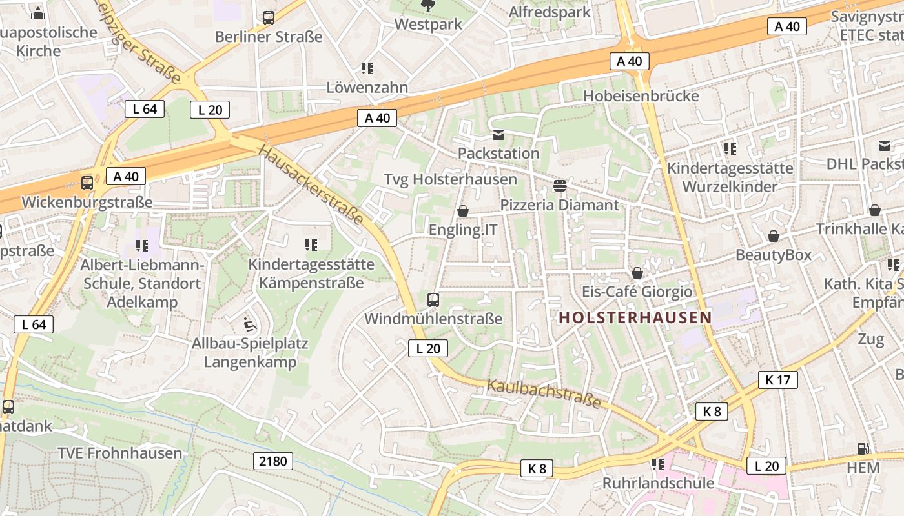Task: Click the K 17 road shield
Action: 778,380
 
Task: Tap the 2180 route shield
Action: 273,461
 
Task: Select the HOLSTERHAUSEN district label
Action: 635,317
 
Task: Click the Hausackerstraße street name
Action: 312,184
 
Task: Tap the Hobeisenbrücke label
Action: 641,96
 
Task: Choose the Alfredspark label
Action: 550,12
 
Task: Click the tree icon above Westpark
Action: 427,6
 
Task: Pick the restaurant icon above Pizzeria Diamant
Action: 559,186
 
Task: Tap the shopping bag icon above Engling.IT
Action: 462,211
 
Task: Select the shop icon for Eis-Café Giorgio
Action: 637,273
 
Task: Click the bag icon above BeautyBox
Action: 773,236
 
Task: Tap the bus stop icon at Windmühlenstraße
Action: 433,299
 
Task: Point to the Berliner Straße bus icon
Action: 269,18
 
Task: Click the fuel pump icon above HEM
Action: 863,449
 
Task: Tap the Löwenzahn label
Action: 367,87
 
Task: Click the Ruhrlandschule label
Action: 658,483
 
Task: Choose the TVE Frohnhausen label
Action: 120,453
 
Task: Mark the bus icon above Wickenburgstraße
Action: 87,183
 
